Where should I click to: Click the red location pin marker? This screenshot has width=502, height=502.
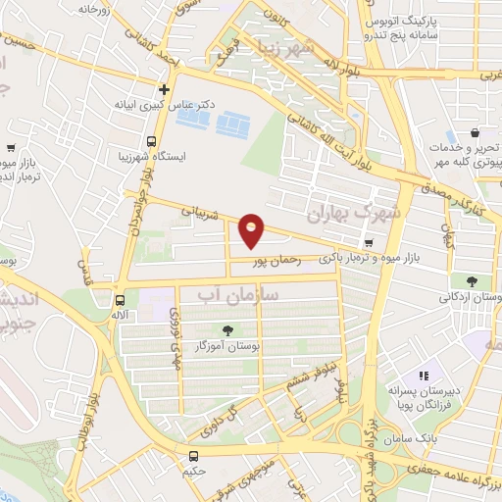point(252,229)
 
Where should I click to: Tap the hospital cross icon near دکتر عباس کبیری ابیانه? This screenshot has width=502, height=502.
point(165,89)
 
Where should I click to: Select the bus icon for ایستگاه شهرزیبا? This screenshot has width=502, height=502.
point(151,140)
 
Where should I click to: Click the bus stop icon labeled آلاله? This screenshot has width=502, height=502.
point(120,301)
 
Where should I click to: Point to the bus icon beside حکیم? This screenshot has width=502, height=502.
point(193,456)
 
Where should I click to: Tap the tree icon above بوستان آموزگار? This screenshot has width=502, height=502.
point(227,330)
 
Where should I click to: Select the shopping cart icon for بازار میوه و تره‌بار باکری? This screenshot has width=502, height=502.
point(369,243)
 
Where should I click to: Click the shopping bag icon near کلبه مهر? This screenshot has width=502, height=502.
point(476,132)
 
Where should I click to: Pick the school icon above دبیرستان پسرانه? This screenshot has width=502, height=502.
point(424,375)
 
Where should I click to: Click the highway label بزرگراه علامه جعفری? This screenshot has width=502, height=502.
point(452,471)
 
